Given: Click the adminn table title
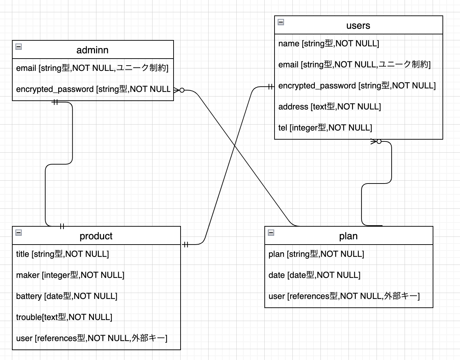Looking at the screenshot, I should (92, 50).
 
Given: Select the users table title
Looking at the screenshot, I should (358, 26).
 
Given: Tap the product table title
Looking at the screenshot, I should (96, 236).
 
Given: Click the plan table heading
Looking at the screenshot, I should (348, 236).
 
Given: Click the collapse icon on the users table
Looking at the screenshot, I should (281, 22).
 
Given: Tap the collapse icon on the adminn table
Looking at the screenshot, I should (19, 47).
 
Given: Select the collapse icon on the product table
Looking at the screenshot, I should (19, 233).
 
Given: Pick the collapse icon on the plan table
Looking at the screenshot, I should (271, 233).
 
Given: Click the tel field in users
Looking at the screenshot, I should (325, 128).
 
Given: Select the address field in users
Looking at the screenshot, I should (329, 107).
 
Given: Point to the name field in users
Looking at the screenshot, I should (329, 44).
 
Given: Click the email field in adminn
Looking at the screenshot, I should (92, 68).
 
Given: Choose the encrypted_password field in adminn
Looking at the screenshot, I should (93, 89).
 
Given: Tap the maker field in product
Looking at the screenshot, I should (70, 275).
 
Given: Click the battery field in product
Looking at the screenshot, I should (67, 296).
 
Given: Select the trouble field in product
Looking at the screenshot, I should (64, 317).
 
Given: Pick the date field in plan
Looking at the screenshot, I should (314, 275).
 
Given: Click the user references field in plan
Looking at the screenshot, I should (344, 296).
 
